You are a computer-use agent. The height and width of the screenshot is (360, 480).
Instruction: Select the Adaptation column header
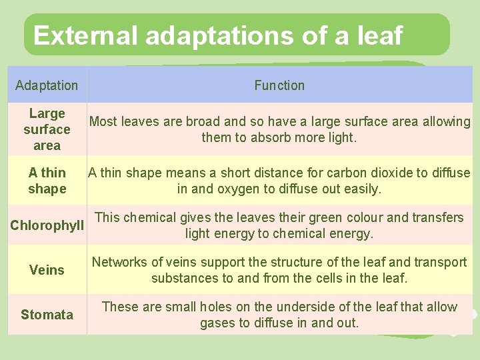(47, 85)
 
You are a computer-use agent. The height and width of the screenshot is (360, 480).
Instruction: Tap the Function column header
(279, 85)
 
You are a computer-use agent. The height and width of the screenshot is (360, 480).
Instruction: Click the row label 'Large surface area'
(47, 129)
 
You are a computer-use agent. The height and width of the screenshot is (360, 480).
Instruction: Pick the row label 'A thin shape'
(47, 181)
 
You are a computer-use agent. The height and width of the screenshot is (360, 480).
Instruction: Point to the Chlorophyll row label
(47, 225)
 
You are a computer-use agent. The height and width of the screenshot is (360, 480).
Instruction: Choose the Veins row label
(47, 270)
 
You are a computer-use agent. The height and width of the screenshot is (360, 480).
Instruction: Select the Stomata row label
(47, 315)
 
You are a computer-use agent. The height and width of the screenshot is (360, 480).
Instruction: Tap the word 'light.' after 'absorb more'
(342, 138)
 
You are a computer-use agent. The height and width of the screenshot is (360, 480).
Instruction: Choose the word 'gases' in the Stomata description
(218, 323)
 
